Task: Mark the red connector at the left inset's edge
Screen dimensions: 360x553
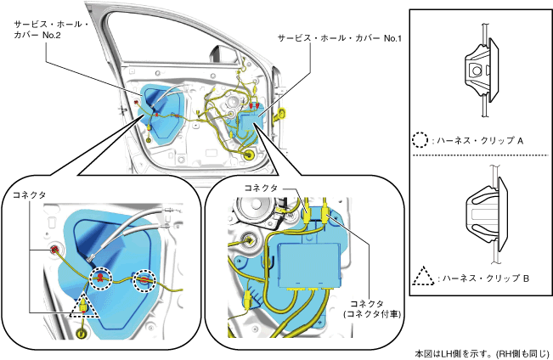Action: click(54, 249)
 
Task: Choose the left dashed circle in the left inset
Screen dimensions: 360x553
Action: click(101, 278)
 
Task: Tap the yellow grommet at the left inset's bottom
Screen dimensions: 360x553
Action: click(82, 332)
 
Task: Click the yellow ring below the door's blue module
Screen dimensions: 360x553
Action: click(248, 155)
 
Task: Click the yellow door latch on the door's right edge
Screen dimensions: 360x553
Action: click(283, 110)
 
